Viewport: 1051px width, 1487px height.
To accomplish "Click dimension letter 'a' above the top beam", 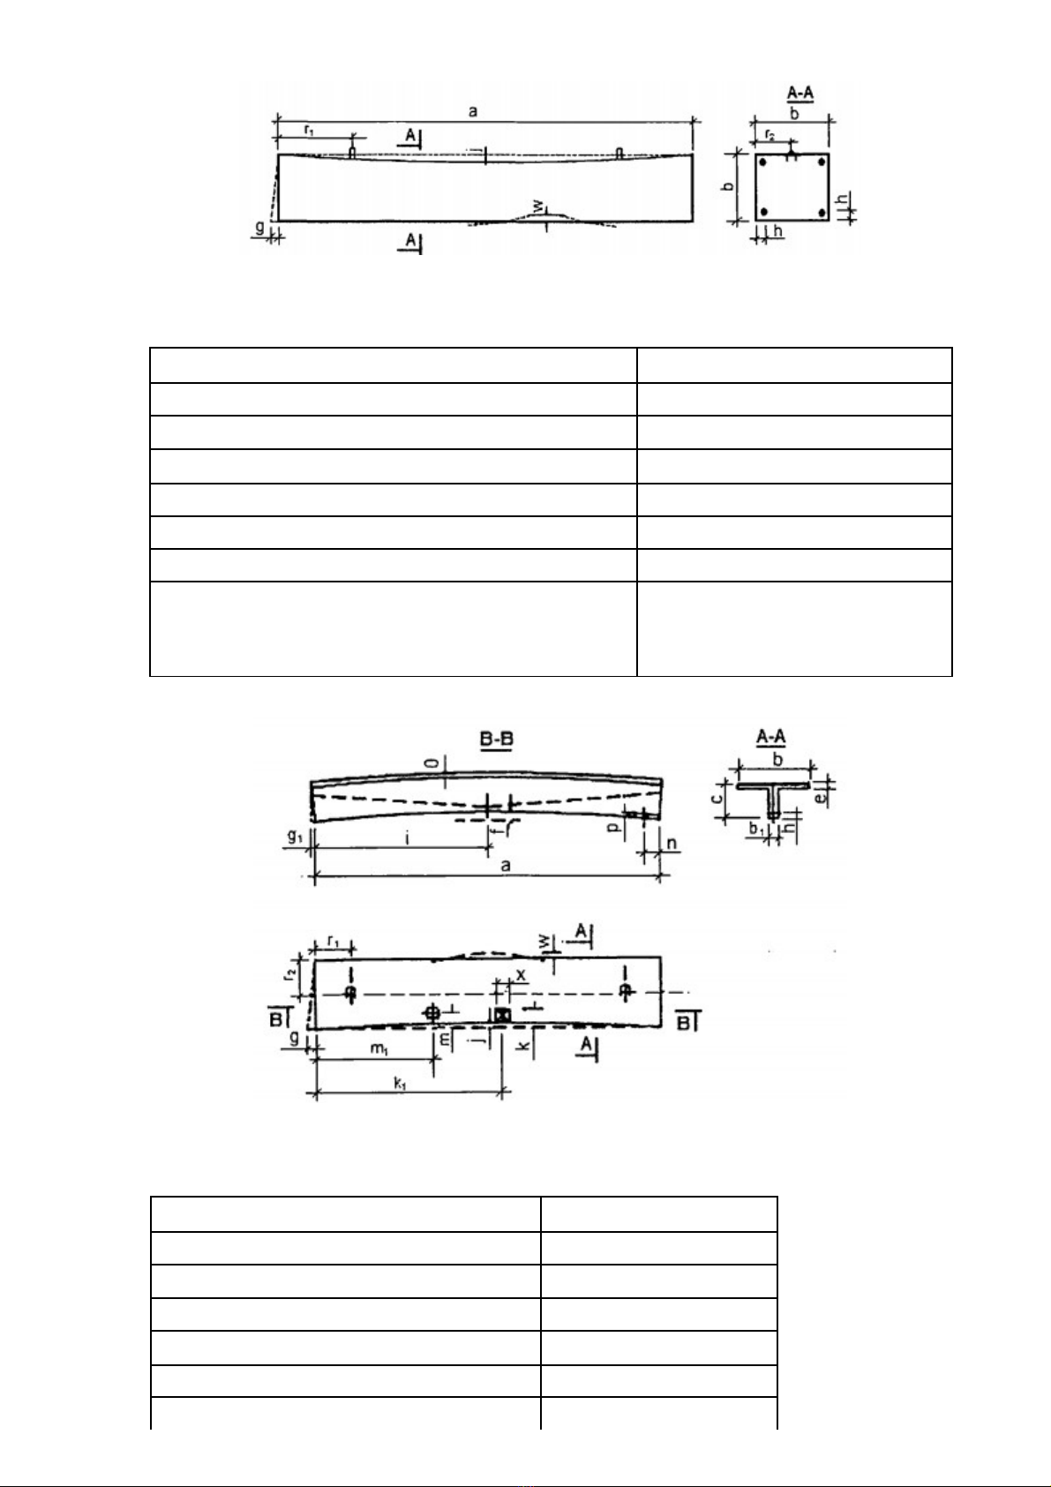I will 474,111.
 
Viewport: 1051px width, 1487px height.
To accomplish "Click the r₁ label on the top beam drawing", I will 310,130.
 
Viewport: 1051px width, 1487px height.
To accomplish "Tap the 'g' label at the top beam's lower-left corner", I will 259,228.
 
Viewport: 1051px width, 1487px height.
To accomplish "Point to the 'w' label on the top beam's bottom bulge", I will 537,207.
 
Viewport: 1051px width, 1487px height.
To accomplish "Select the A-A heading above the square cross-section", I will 800,94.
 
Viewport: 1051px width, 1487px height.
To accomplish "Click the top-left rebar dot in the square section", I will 763,163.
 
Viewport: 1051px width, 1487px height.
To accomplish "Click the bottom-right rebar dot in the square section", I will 822,212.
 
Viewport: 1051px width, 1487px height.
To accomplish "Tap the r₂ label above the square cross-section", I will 769,135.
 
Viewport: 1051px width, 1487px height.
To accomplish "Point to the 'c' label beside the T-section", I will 719,799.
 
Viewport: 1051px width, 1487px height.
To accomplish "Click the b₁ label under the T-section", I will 756,830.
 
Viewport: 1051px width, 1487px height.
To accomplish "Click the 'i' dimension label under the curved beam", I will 407,838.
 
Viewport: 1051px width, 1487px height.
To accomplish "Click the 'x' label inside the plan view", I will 521,974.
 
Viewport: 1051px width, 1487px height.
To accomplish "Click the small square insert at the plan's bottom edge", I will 502,1016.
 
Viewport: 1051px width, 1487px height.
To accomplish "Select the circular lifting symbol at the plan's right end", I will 625,991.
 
